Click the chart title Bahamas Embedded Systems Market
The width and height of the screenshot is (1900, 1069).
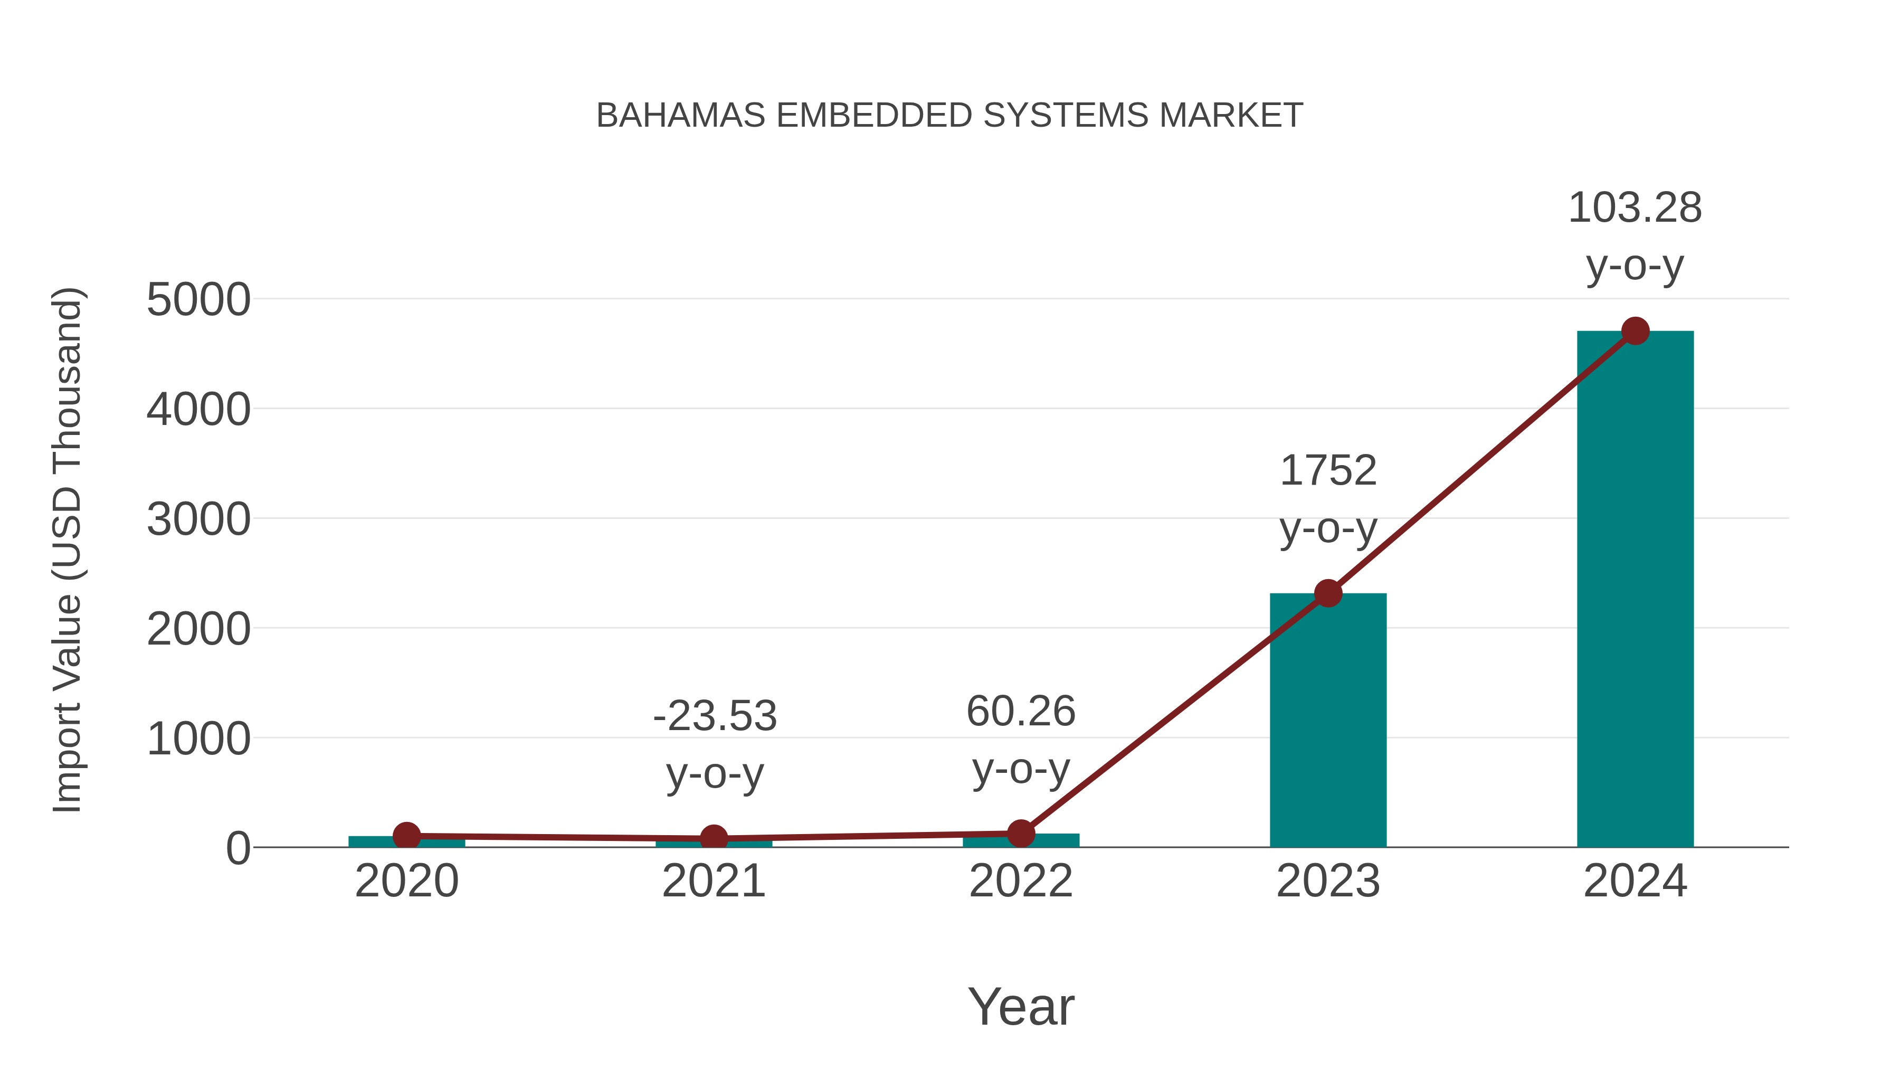(x=949, y=116)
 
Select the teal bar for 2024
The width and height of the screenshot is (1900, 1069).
(x=1635, y=590)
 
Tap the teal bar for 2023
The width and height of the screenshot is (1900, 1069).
(x=1328, y=723)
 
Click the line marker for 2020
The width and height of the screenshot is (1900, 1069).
(x=406, y=836)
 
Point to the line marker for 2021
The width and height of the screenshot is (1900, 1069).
(x=713, y=838)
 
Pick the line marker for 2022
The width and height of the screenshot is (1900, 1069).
(x=1021, y=834)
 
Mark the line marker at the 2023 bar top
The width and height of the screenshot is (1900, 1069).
(x=1328, y=593)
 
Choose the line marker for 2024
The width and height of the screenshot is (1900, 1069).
(x=1635, y=331)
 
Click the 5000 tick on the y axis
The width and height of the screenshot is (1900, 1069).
(x=198, y=300)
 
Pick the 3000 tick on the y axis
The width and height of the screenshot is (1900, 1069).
(x=198, y=519)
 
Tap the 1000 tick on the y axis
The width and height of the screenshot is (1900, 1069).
(x=198, y=739)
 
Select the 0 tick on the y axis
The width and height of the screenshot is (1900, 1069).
(x=238, y=848)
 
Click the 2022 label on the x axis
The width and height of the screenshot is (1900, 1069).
(x=1021, y=882)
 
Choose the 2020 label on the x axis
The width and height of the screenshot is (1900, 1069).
(x=406, y=882)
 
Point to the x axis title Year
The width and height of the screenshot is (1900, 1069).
(x=1021, y=1006)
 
